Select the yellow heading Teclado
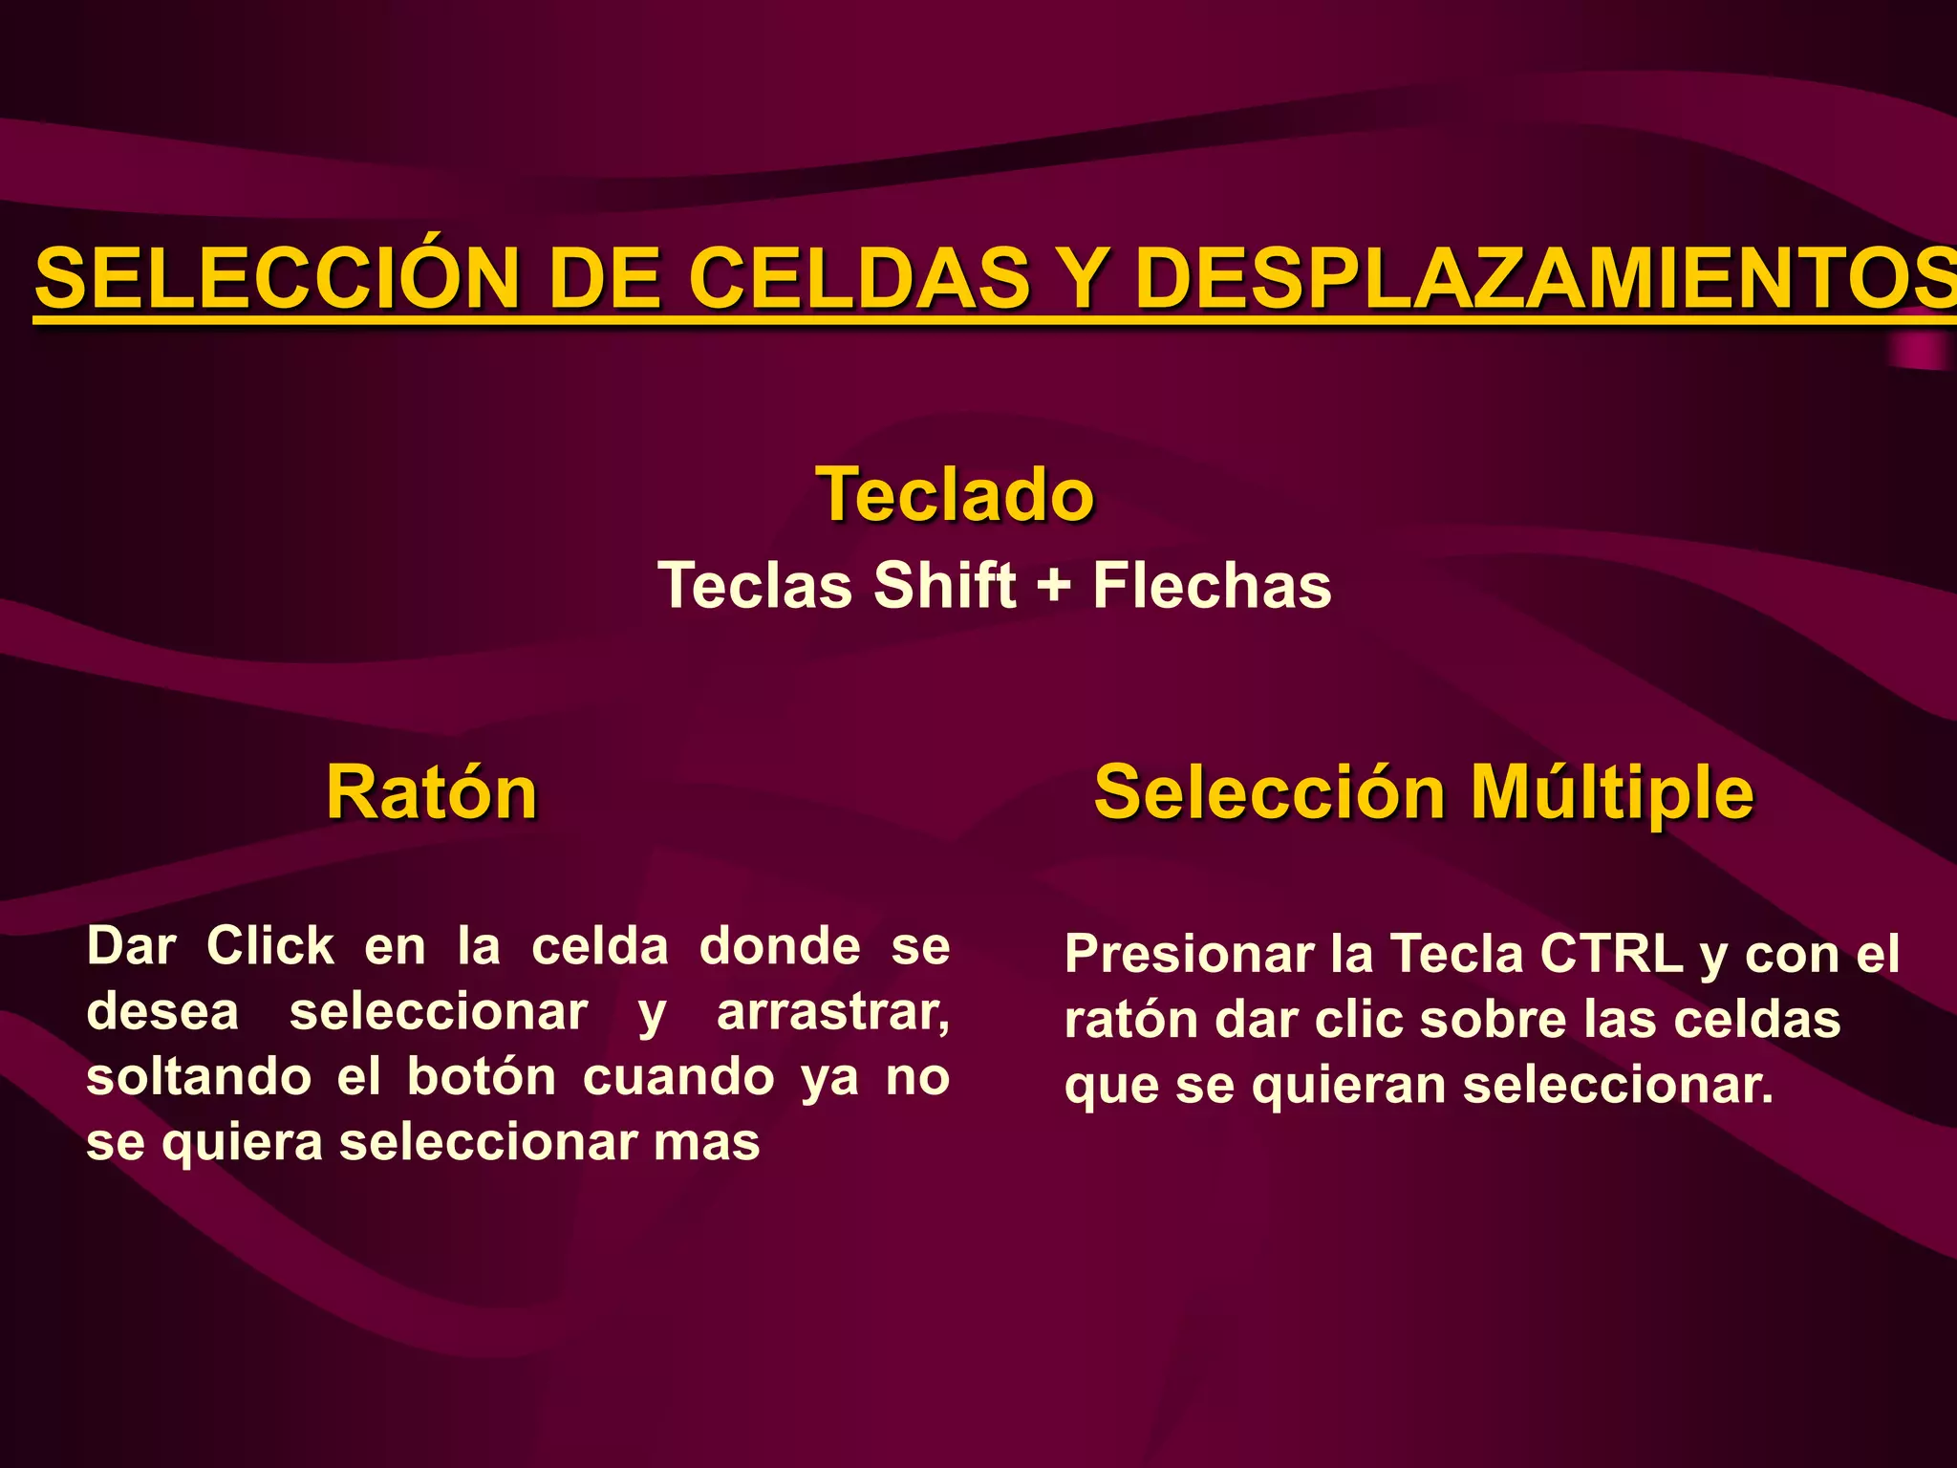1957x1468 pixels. coord(955,494)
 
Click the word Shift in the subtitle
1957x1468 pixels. coord(945,585)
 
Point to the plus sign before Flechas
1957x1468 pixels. coord(1053,585)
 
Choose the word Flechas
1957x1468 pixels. coord(1212,585)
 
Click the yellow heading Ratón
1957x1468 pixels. coord(432,792)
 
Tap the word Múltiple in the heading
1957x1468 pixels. coord(1612,792)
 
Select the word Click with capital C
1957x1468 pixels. coord(270,946)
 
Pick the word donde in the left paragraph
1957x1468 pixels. coord(780,946)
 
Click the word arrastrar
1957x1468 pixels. coord(832,1012)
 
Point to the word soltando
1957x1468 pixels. coord(199,1077)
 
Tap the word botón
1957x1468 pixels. coord(482,1077)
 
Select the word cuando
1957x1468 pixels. coord(678,1077)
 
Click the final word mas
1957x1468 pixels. coord(707,1142)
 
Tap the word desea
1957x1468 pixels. coord(162,1012)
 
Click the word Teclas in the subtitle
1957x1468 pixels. coord(756,585)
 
